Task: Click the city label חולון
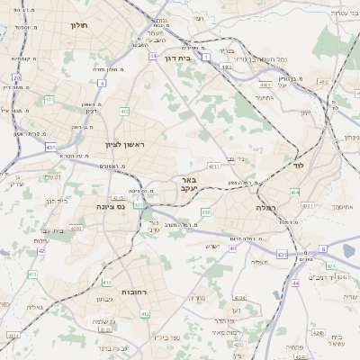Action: [78, 26]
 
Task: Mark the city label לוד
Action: [299, 166]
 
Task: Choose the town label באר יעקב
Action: [189, 184]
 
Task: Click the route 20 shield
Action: [17, 78]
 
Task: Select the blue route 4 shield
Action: [102, 84]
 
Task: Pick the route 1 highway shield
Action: [205, 57]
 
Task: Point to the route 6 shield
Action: [322, 248]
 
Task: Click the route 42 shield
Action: [41, 251]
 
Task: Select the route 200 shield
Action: [205, 212]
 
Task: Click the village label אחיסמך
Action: [340, 206]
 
